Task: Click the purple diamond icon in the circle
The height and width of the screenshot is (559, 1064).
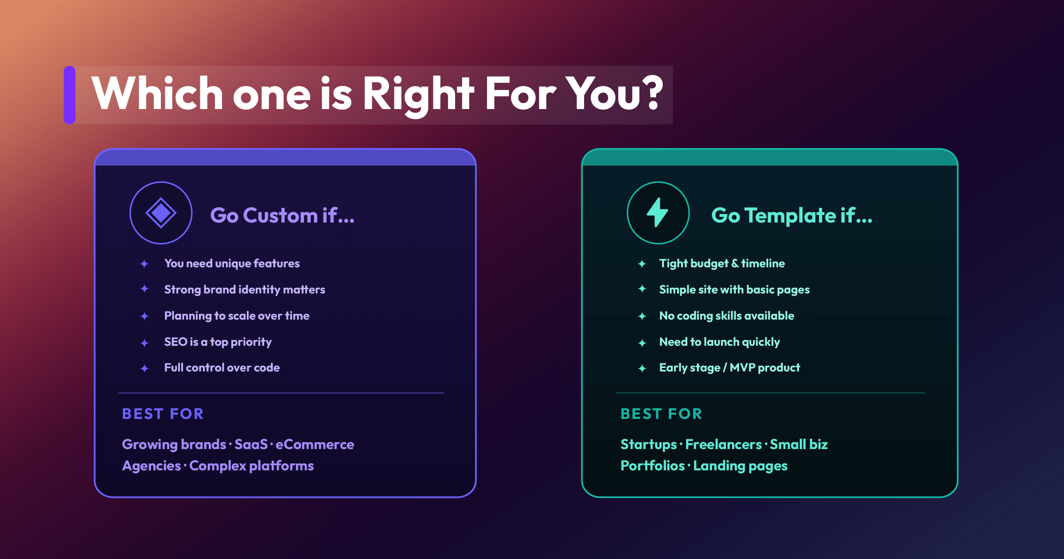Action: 161,213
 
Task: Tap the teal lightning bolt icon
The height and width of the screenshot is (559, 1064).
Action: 658,212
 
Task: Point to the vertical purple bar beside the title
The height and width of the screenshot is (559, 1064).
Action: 70,95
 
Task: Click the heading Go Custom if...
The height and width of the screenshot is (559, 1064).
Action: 282,215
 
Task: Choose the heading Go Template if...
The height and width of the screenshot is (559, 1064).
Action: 792,216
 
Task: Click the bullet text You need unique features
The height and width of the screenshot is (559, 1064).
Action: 232,264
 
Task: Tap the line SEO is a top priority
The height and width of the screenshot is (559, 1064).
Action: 218,342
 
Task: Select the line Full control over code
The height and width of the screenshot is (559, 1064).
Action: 222,367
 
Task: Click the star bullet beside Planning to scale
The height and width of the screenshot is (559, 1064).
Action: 144,316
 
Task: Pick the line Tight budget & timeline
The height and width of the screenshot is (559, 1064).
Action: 722,264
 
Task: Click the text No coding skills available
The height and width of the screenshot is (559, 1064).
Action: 727,316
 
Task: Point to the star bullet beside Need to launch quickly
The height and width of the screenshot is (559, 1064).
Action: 642,343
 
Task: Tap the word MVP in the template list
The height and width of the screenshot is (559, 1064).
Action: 742,367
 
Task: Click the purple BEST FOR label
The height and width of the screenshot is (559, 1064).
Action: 163,414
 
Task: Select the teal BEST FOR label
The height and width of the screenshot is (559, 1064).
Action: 661,414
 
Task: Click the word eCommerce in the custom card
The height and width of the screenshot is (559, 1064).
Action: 315,444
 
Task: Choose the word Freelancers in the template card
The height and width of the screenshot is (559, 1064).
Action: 723,444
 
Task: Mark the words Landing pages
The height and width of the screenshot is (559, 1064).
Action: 740,466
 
